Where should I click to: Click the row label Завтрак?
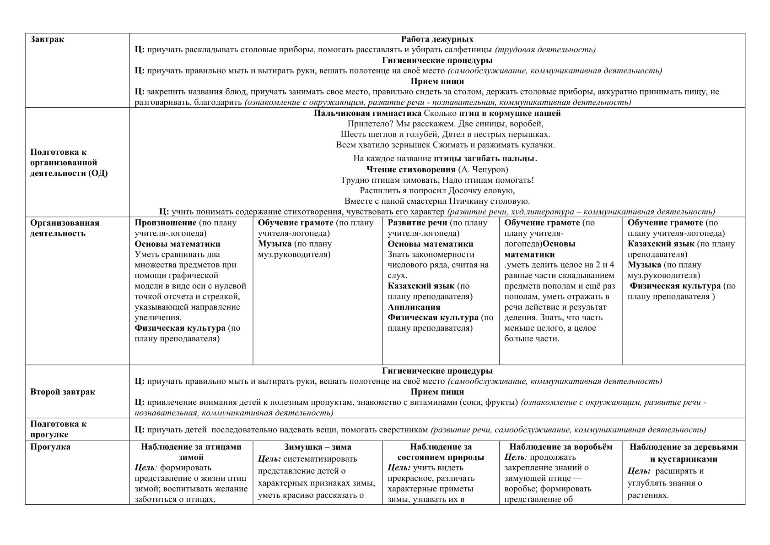[47, 39]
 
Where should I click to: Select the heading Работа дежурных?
[437, 39]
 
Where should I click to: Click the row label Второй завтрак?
[63, 392]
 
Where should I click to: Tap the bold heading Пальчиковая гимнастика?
[368, 113]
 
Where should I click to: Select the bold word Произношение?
[165, 223]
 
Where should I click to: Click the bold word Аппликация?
[414, 307]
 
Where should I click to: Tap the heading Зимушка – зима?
[318, 447]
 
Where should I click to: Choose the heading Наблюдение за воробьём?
[560, 447]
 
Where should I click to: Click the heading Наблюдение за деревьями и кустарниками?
[684, 452]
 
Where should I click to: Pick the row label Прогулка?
[50, 447]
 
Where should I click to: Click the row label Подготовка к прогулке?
[58, 429]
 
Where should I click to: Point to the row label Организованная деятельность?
[65, 228]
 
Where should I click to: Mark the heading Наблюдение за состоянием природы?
[441, 452]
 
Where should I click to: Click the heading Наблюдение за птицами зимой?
[191, 452]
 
